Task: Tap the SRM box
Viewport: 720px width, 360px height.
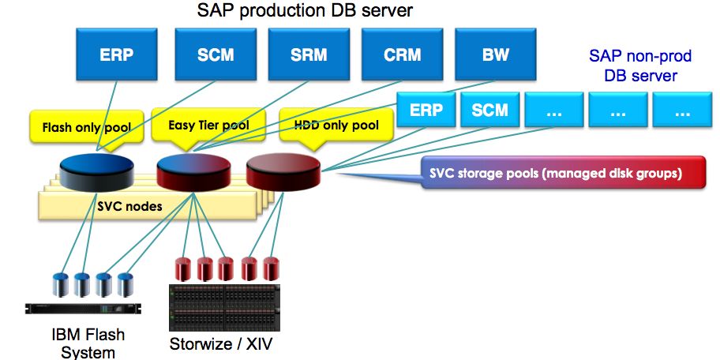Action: click(306, 56)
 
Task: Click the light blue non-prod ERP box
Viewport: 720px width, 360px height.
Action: click(426, 110)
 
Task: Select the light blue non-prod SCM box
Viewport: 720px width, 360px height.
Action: click(489, 110)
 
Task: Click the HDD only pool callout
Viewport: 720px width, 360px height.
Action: click(336, 126)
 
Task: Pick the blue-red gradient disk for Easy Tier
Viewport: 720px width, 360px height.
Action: click(194, 171)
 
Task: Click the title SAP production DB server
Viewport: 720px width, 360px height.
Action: click(306, 11)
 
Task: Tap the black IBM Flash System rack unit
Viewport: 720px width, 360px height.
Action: click(87, 309)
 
